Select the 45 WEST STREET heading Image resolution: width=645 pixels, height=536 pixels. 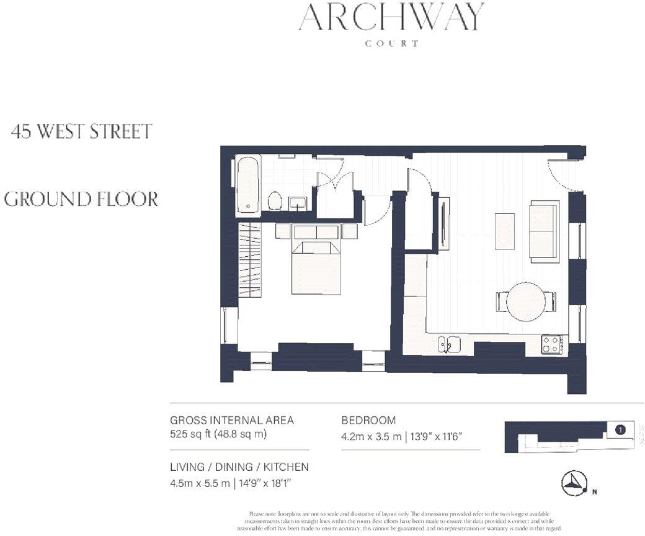tap(82, 132)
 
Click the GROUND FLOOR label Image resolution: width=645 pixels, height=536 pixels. tap(81, 199)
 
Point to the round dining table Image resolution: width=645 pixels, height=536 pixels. tap(526, 301)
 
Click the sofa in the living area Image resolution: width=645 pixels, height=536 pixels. tap(543, 231)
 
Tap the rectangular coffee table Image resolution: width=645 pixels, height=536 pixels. tap(505, 231)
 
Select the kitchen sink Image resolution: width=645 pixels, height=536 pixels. tap(448, 343)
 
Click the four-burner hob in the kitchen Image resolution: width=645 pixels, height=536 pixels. tap(551, 344)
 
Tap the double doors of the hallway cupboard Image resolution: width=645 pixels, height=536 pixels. tap(335, 180)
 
